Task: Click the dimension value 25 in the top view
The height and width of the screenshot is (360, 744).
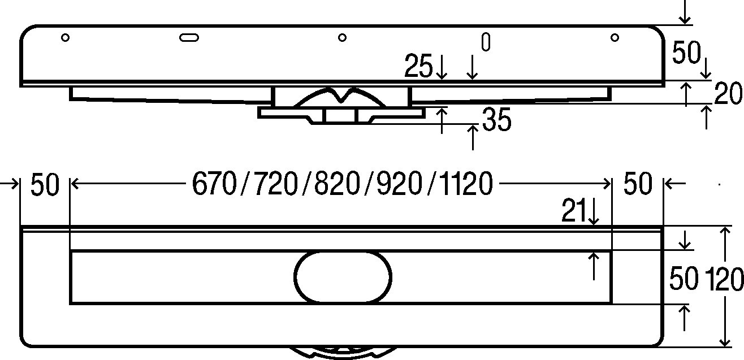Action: (x=418, y=66)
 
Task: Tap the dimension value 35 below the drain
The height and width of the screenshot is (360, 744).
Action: (x=496, y=119)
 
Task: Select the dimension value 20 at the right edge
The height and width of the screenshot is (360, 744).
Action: (x=728, y=93)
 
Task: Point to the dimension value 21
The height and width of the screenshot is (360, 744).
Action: (x=574, y=211)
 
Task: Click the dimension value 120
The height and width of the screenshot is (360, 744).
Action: (x=724, y=279)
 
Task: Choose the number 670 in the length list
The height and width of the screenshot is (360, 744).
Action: (x=215, y=184)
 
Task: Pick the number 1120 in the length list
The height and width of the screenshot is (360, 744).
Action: (x=465, y=184)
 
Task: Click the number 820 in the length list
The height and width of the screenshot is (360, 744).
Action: (x=337, y=184)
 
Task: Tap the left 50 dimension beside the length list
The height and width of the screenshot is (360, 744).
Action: (x=45, y=184)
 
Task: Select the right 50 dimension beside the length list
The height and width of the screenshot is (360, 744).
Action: (x=638, y=183)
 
